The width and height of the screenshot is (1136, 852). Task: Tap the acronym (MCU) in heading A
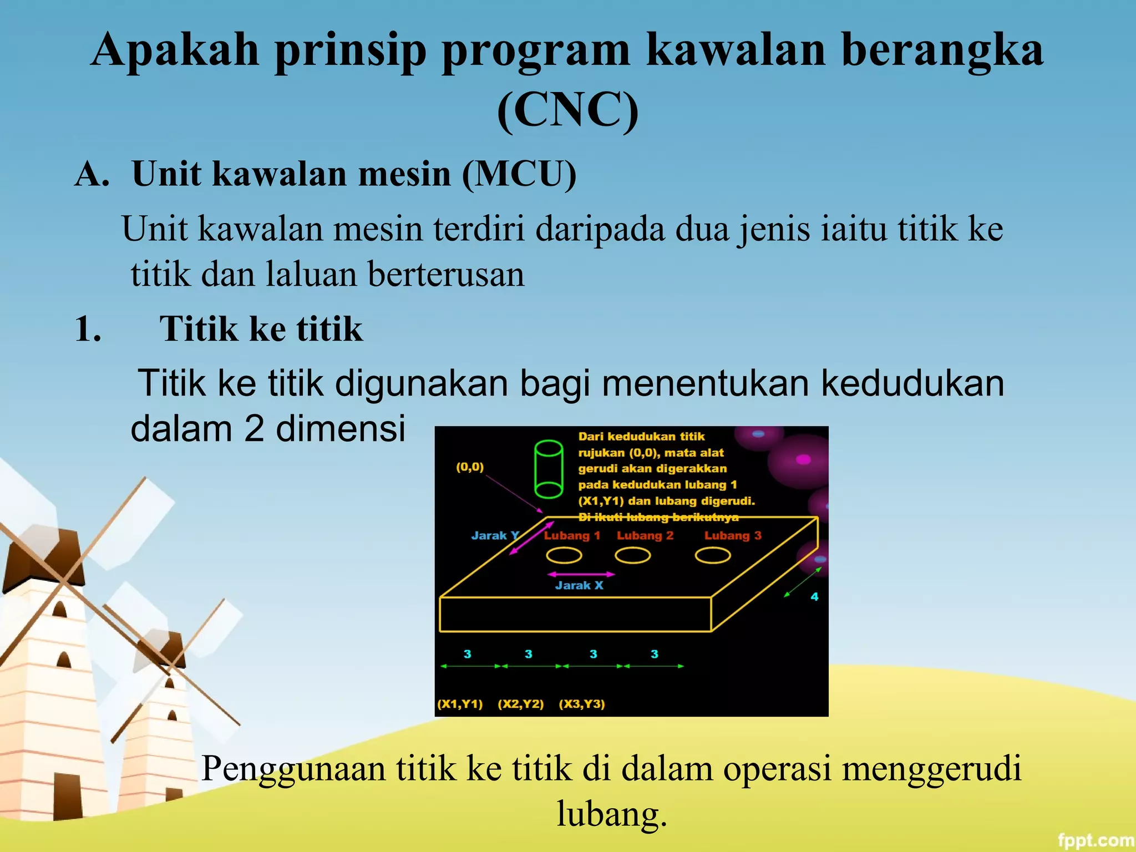[x=519, y=174]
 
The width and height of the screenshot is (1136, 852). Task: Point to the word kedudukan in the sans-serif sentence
[x=912, y=383]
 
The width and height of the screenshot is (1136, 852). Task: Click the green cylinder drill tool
[x=549, y=469]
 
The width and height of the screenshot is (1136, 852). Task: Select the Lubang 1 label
[x=572, y=536]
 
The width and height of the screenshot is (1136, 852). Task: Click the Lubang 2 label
[x=645, y=536]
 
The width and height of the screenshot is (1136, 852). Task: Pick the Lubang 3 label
[x=733, y=536]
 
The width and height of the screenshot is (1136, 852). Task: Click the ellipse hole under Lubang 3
[x=713, y=555]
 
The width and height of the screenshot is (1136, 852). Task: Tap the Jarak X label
[x=579, y=586]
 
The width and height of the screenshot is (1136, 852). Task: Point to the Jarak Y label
[x=495, y=536]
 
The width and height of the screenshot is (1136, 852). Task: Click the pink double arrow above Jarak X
[x=581, y=574]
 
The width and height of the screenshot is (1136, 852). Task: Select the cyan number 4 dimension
[x=814, y=597]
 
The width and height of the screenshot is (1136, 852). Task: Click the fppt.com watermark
[x=1095, y=840]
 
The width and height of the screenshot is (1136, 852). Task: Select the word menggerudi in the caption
[x=931, y=769]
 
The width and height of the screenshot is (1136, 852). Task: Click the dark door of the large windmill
[x=68, y=796]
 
